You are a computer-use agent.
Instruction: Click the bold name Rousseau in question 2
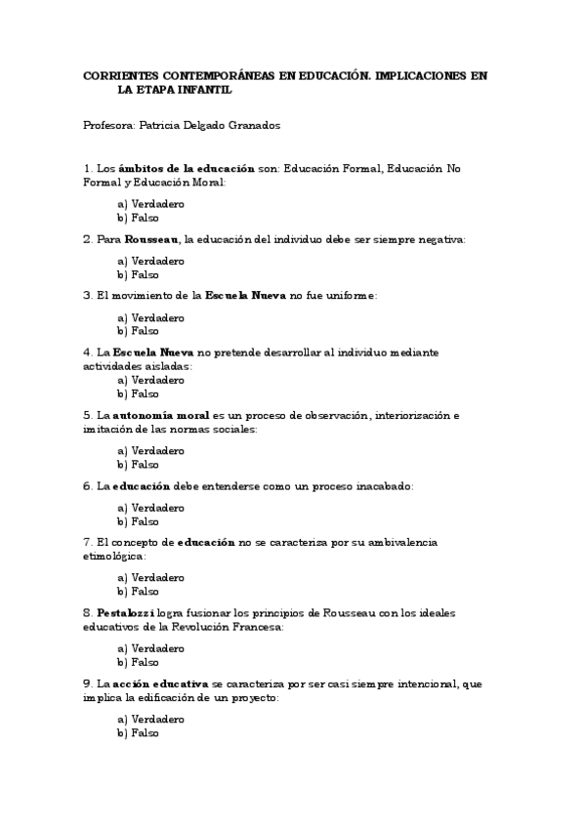pos(151,239)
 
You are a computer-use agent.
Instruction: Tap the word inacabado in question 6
pos(380,485)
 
